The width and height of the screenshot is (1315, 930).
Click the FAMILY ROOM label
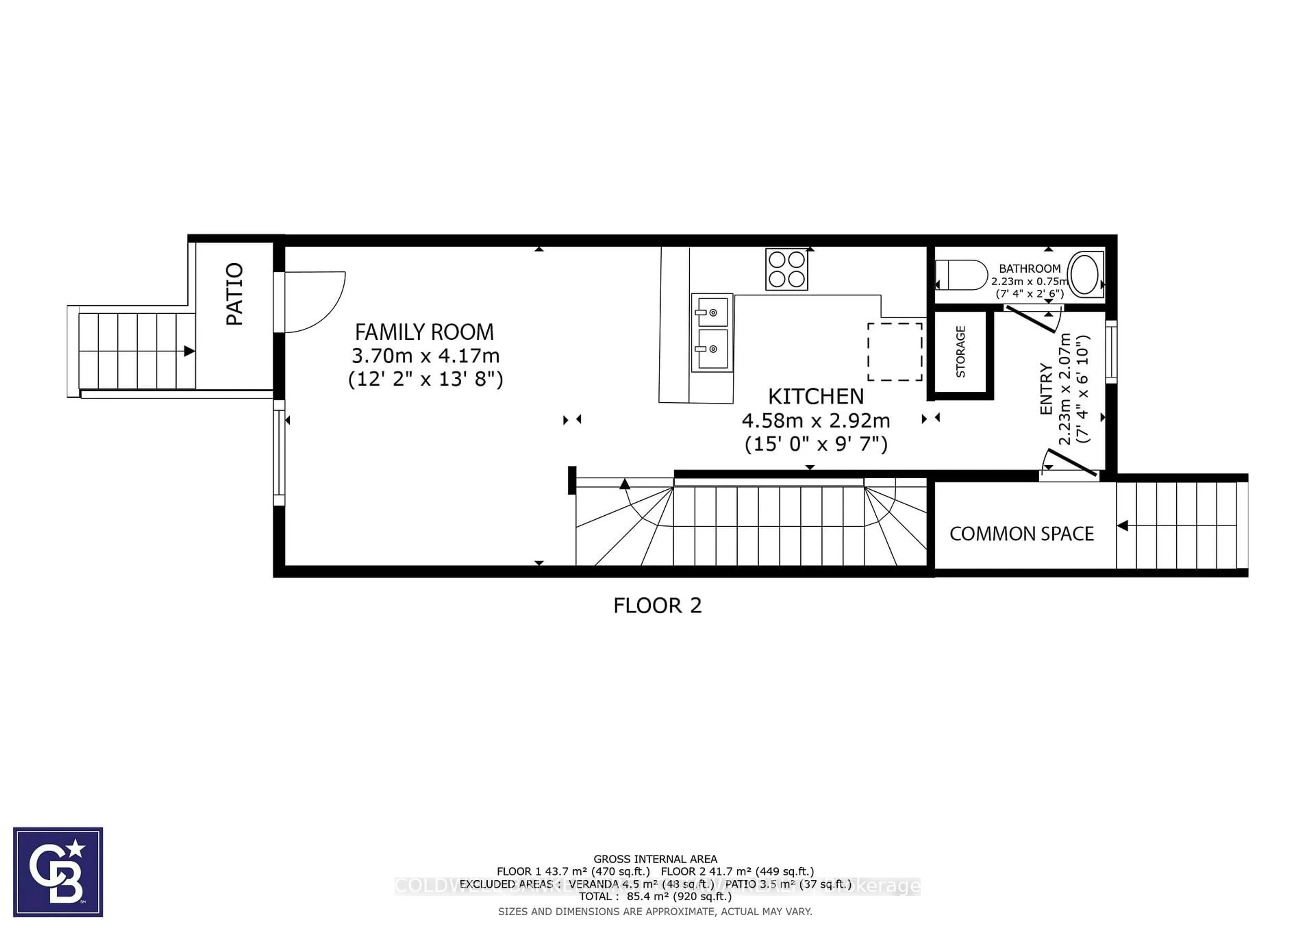click(x=424, y=332)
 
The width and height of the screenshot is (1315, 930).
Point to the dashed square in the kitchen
click(x=894, y=352)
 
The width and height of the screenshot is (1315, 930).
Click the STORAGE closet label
click(x=961, y=352)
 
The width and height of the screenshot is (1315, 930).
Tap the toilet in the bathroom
click(x=961, y=275)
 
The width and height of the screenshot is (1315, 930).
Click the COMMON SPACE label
click(x=1021, y=534)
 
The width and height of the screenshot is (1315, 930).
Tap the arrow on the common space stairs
click(x=1123, y=525)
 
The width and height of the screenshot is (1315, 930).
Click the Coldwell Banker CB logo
click(x=58, y=871)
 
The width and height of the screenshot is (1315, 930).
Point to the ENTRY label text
click(x=1046, y=389)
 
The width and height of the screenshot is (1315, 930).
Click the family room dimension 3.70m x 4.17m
click(x=425, y=356)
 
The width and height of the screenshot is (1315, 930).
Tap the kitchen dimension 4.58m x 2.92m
click(x=816, y=421)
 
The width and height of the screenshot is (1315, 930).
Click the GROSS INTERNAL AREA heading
click(x=655, y=859)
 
